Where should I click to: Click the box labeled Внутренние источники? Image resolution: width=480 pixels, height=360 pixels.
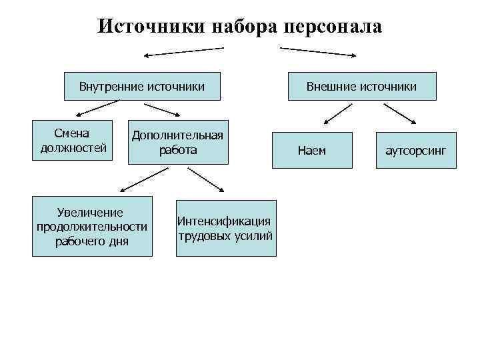[141, 86]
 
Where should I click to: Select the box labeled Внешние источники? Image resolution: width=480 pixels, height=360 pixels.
[361, 86]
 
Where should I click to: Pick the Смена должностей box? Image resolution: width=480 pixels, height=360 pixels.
[73, 141]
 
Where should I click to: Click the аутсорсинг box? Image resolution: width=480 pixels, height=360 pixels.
[416, 151]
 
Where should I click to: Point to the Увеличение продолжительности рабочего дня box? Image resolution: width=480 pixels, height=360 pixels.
[92, 227]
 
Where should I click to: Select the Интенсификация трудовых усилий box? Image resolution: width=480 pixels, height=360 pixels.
[225, 227]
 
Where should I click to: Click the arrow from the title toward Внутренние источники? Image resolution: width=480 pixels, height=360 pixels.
[185, 51]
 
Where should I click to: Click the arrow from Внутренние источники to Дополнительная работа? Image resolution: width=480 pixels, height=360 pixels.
[167, 110]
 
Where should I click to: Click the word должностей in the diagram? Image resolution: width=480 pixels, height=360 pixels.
[73, 148]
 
